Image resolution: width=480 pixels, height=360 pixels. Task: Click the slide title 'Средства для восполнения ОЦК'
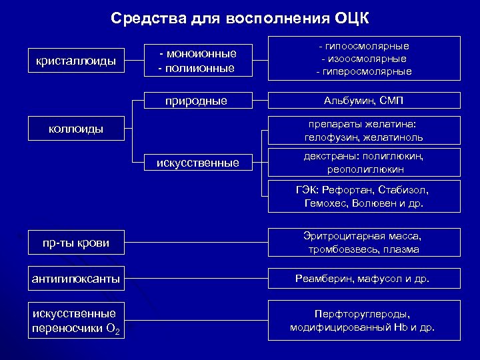[x=240, y=17]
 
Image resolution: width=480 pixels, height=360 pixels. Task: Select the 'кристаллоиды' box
[x=75, y=61]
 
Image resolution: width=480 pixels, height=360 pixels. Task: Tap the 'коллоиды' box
[x=75, y=129]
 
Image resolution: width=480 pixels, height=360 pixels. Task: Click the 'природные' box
[x=197, y=101]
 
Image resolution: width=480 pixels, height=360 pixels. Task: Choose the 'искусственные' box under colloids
[x=198, y=162]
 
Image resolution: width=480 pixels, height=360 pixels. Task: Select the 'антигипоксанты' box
[x=76, y=279]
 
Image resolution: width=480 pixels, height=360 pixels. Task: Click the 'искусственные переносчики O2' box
[x=76, y=321]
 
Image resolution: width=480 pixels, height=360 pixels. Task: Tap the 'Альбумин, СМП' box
[x=364, y=100]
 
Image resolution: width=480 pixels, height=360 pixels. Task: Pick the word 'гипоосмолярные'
[x=367, y=46]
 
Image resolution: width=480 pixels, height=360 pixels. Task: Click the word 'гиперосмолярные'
[x=367, y=71]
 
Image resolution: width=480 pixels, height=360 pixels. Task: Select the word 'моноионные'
[x=201, y=53]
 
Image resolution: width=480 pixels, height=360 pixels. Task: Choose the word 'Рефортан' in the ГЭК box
[x=347, y=190]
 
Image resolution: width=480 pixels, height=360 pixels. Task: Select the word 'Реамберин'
[x=328, y=279]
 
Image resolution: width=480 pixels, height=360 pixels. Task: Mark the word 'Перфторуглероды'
[x=363, y=313]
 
